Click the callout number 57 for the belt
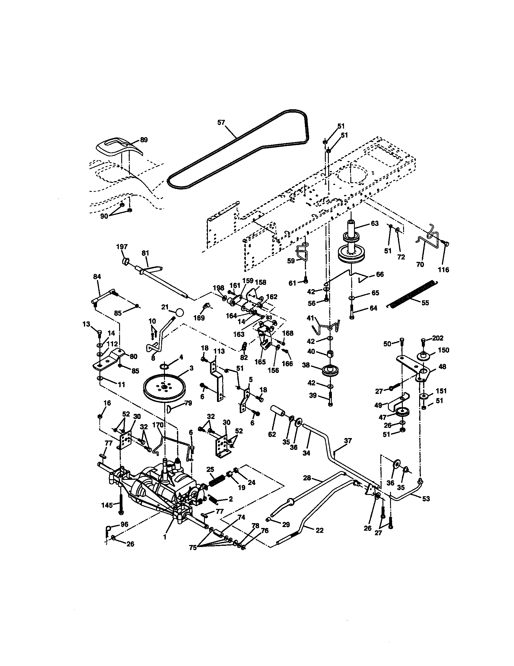[221, 123]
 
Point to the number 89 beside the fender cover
[143, 140]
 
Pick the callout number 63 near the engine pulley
[375, 223]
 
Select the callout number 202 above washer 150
[437, 338]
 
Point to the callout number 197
[122, 247]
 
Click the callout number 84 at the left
[97, 277]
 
